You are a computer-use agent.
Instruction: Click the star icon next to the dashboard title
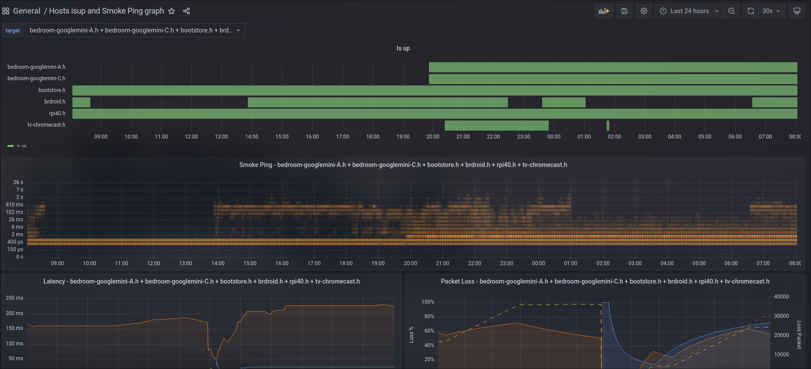171,11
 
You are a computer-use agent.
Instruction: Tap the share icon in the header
186,11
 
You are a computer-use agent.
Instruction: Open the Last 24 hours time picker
689,11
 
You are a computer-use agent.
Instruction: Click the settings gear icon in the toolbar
644,11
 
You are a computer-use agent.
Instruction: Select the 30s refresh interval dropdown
771,11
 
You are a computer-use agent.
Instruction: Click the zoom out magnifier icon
732,11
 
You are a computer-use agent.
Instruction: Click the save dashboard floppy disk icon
625,11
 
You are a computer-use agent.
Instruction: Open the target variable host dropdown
135,30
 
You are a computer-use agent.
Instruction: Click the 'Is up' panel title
403,48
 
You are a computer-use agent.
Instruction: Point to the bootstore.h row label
52,90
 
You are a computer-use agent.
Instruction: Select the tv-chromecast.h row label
46,125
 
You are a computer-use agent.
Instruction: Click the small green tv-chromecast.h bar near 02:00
608,125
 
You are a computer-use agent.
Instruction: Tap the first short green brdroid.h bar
81,102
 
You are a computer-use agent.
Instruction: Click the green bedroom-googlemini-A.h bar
613,67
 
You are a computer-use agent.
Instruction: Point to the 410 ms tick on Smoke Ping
14,205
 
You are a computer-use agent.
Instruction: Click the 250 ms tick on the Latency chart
14,298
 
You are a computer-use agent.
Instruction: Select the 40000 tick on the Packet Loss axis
781,297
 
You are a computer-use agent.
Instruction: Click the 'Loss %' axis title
411,334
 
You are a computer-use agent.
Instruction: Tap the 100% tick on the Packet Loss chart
428,302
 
